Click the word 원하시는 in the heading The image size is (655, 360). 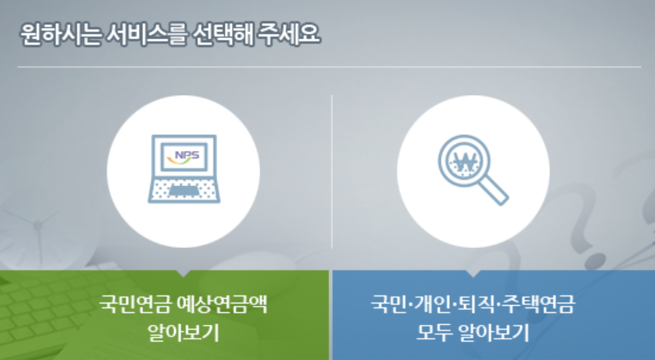coord(60,34)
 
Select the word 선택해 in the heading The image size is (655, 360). coord(223,34)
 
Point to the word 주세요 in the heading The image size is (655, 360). coord(289,34)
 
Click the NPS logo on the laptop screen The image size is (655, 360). coord(184,157)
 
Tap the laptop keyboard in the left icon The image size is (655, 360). coord(184,191)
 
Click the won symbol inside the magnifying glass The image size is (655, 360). coord(464,161)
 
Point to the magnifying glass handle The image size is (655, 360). coord(493,189)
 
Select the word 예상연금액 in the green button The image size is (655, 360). coord(222,304)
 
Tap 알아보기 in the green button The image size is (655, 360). coord(183,333)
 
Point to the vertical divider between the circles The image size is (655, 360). coord(332,172)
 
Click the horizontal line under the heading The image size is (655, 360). coord(329,67)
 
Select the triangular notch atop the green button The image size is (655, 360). coord(183,273)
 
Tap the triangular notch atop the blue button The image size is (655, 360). coord(473,273)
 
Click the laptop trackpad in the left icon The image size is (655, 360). coord(184,191)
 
